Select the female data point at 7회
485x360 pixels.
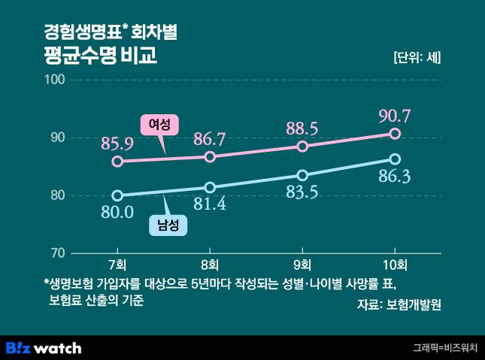pos(117,161)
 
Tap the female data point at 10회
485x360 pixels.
pos(395,134)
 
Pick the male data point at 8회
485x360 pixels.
pos(210,187)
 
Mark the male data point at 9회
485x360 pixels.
pos(302,175)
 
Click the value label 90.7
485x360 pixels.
pos(395,116)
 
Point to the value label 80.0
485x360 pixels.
pos(117,212)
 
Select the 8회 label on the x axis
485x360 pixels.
pos(210,265)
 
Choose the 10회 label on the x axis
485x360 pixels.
pos(395,265)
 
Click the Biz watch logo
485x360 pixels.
pos(44,347)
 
